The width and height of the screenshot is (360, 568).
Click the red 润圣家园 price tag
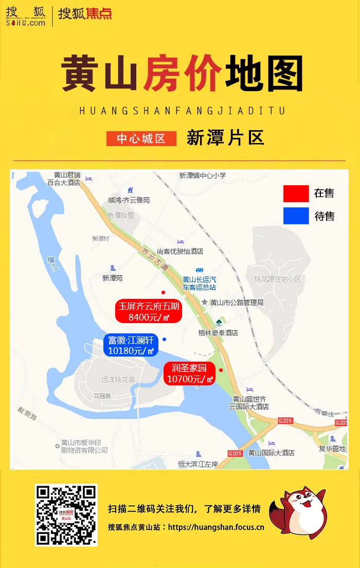(189, 374)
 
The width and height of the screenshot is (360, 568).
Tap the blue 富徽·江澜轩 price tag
(131, 346)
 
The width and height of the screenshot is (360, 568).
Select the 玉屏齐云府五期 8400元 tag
(149, 312)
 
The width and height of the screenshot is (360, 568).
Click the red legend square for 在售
(296, 193)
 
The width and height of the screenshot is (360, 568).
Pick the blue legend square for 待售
(296, 216)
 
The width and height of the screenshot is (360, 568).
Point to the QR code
(66, 515)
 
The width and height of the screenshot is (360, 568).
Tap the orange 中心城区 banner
(141, 139)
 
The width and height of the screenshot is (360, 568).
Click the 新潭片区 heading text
(225, 138)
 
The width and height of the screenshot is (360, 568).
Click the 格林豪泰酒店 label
(218, 333)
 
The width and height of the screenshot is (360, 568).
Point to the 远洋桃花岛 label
(118, 380)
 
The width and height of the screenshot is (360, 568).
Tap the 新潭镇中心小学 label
(203, 175)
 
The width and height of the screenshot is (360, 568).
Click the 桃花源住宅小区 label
(277, 279)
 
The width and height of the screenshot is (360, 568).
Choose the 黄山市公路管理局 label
(237, 303)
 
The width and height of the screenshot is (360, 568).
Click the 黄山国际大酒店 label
(271, 453)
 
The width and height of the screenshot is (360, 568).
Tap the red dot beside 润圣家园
(221, 370)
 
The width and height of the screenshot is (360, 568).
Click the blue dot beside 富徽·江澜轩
(164, 339)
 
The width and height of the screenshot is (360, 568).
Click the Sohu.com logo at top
(26, 16)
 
